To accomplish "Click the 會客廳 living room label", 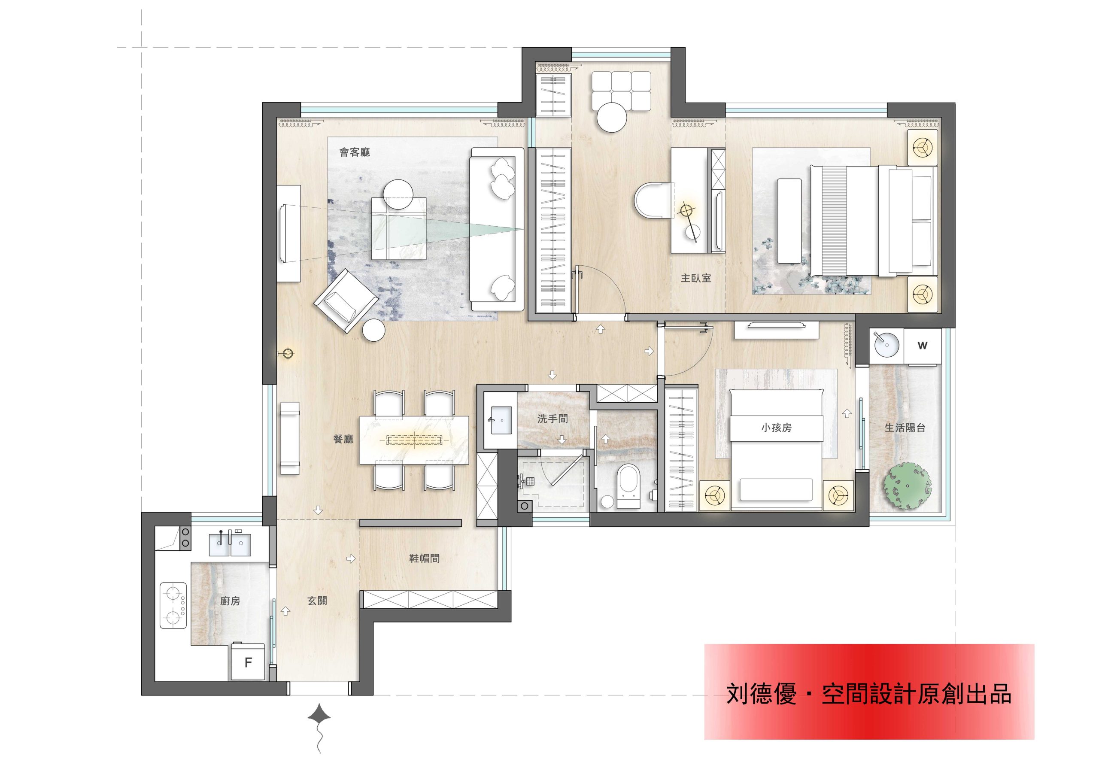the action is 355,153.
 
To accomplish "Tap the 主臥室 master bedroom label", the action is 696,278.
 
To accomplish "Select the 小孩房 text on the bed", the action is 777,428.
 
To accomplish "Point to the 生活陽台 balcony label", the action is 905,428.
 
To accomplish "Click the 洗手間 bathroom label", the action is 553,419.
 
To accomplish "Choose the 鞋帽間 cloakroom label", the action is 424,558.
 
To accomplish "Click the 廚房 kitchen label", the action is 230,601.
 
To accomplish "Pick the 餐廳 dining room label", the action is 343,439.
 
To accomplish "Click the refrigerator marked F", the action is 247,662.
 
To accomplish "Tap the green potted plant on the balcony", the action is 908,486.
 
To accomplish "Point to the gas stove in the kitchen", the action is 173,605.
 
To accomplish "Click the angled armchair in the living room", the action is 346,300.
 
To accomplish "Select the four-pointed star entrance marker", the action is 319,717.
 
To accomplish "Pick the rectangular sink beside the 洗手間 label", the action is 500,420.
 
